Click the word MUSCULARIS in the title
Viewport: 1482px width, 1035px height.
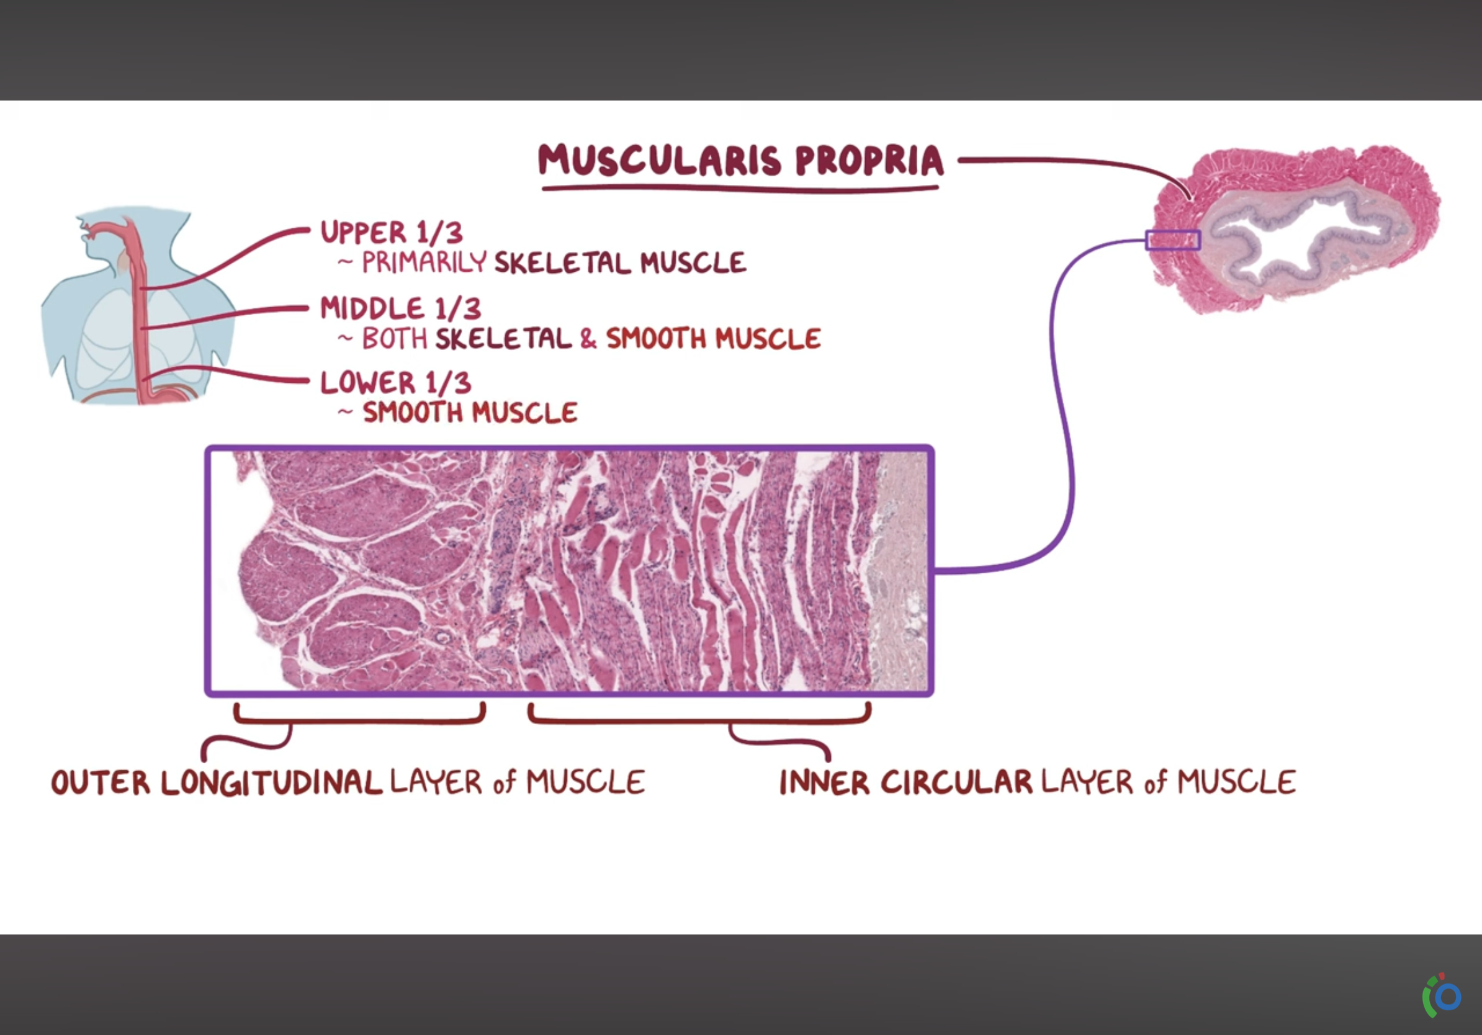(660, 160)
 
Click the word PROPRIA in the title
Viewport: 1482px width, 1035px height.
(869, 160)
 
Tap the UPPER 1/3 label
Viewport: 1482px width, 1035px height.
(391, 232)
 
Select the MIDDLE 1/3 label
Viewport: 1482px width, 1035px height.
(400, 308)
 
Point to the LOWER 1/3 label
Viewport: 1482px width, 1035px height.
(396, 383)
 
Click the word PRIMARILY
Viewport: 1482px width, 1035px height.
(424, 262)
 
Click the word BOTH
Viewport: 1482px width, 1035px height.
(394, 339)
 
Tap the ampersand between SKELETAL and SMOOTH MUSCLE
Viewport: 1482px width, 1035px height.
(588, 339)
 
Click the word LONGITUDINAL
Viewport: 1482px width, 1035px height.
(271, 782)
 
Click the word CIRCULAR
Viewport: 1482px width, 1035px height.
(956, 782)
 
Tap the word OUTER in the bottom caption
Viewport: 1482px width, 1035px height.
(101, 782)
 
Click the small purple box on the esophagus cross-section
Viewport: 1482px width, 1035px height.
(1173, 240)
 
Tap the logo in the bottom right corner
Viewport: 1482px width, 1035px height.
(1443, 996)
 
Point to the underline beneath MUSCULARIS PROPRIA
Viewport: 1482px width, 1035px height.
(740, 189)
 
